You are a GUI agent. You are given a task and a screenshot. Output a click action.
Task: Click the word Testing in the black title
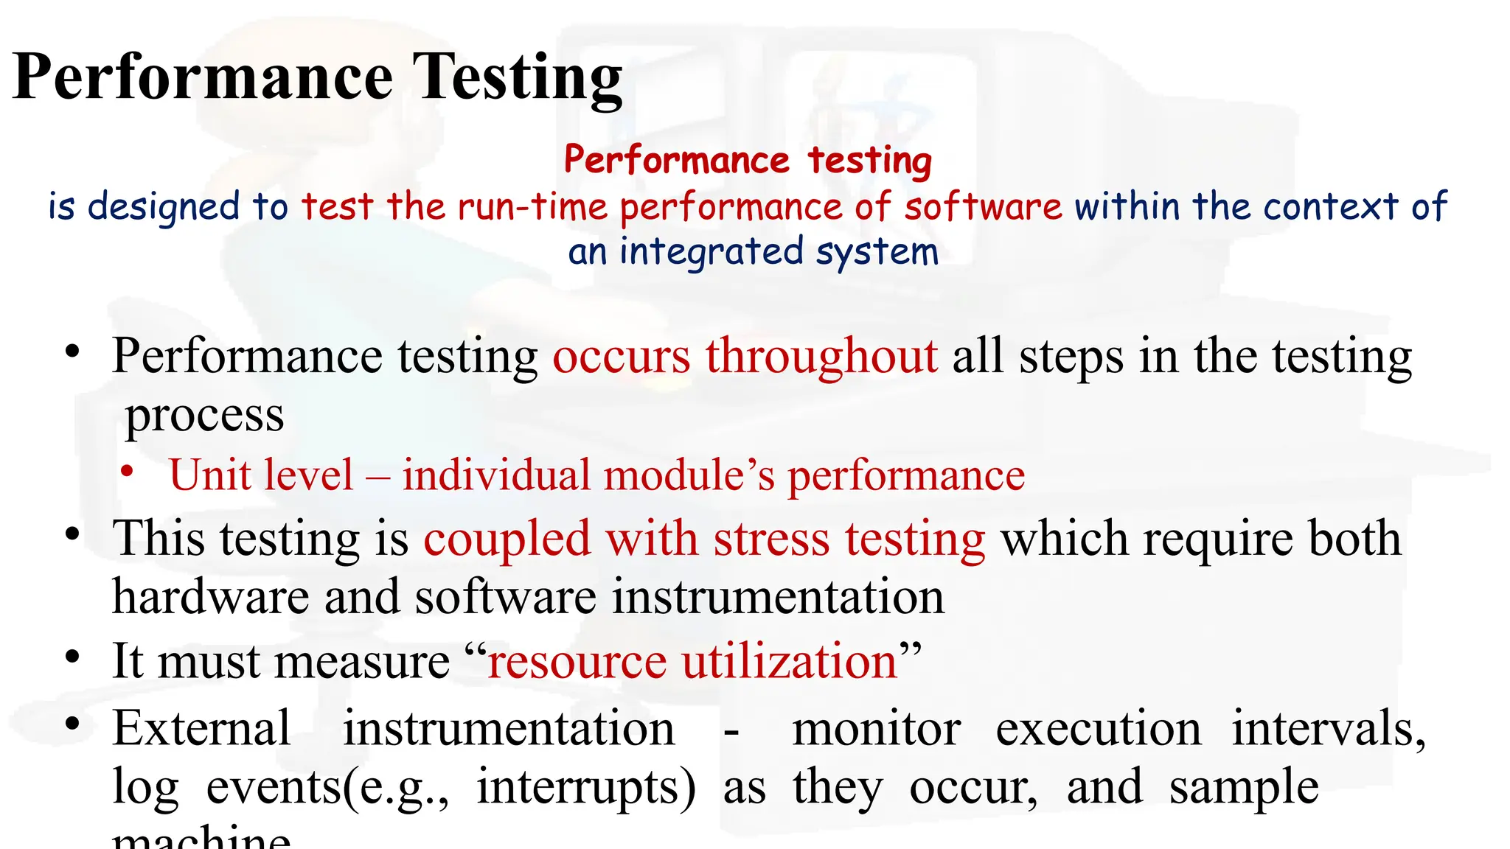tap(517, 77)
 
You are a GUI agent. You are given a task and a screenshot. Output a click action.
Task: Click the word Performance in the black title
tap(203, 77)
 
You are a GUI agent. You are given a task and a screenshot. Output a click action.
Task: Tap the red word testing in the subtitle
tap(870, 160)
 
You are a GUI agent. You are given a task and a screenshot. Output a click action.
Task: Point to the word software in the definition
tap(984, 206)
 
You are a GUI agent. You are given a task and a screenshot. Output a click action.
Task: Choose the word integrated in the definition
tap(711, 252)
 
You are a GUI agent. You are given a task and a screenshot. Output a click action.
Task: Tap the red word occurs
tap(622, 357)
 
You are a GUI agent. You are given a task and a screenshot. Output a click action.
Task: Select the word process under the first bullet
tap(204, 416)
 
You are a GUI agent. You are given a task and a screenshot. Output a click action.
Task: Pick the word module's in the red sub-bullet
tap(689, 475)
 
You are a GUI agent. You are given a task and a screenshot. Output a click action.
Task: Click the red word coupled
tap(507, 539)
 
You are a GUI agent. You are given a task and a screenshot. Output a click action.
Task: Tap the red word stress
tap(771, 539)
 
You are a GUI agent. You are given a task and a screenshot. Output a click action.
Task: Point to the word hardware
tap(210, 596)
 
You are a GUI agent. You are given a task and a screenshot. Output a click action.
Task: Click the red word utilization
tap(790, 661)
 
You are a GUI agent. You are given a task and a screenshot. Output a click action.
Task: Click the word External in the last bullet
tap(201, 729)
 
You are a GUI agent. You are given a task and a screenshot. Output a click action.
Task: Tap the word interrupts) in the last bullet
tap(586, 787)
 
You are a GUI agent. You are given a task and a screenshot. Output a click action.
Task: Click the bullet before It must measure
tap(72, 656)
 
